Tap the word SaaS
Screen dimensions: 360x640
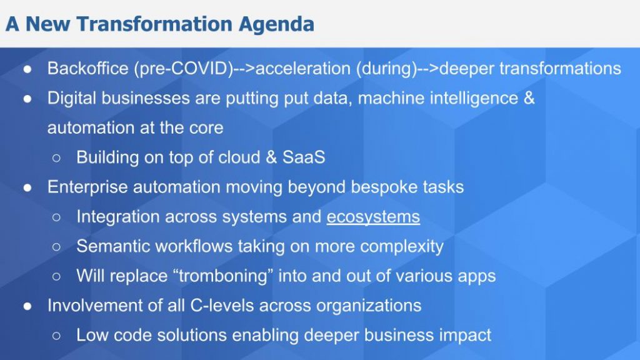(x=304, y=157)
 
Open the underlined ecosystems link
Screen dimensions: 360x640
(x=373, y=217)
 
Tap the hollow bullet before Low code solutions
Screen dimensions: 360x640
(x=57, y=336)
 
